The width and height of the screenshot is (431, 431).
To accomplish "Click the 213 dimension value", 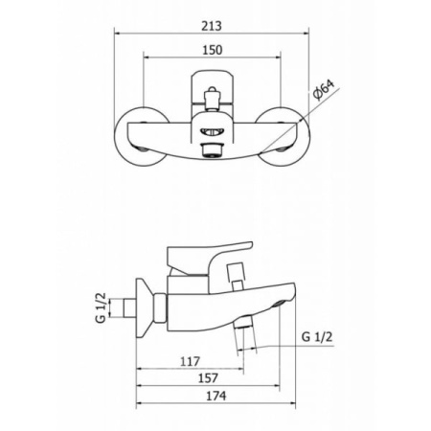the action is tap(212, 26).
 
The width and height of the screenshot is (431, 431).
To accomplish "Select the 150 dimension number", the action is tap(212, 50).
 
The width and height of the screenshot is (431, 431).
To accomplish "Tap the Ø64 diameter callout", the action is tap(324, 90).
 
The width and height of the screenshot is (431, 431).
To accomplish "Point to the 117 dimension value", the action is tap(190, 361).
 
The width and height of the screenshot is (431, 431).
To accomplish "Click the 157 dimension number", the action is tap(208, 378).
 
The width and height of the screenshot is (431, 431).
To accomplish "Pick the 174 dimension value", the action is tap(215, 396).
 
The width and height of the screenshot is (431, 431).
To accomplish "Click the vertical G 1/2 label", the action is tap(101, 307).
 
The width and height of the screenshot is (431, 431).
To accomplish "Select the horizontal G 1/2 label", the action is tap(317, 337).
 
